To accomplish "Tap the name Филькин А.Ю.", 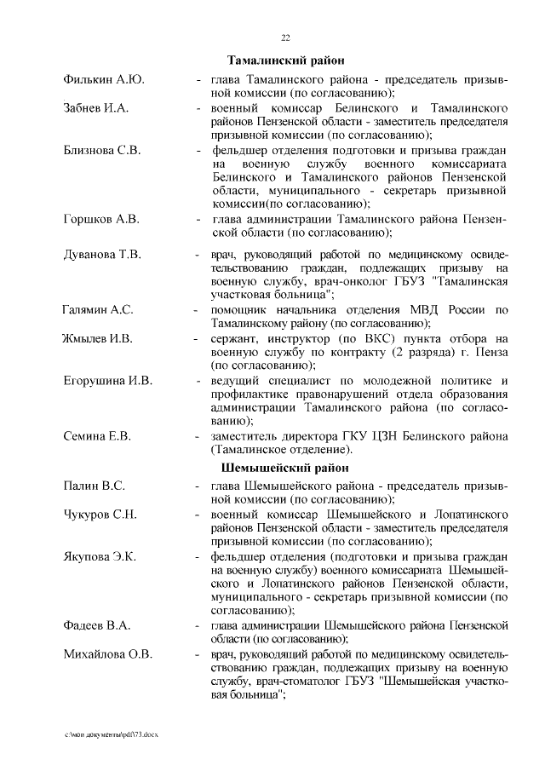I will (x=103, y=79).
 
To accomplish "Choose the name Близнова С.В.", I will (x=101, y=150).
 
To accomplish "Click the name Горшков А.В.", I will (x=100, y=219).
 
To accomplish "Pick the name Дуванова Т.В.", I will (x=102, y=255).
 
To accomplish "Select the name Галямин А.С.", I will (x=97, y=310).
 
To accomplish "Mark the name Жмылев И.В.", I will (x=97, y=338).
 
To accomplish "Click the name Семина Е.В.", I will (x=97, y=436).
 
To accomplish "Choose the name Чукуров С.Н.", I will (x=100, y=515).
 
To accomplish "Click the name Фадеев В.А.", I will (x=96, y=626).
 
